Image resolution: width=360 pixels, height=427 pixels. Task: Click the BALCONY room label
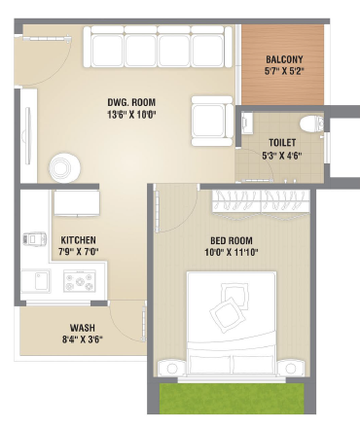[284, 59]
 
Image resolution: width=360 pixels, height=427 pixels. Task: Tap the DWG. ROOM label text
[131, 102]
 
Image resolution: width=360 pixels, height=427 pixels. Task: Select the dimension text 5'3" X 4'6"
[282, 156]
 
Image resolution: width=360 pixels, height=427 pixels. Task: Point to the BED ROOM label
[232, 240]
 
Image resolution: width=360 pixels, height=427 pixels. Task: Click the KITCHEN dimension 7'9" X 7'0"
[79, 252]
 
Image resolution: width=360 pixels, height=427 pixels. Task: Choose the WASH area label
[83, 328]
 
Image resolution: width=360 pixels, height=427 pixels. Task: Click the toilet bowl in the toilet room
[311, 124]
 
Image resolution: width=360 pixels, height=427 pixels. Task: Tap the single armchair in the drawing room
[212, 121]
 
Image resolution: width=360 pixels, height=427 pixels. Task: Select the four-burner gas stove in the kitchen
[80, 281]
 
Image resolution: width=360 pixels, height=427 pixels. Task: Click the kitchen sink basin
[42, 281]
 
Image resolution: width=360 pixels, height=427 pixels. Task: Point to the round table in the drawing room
[64, 168]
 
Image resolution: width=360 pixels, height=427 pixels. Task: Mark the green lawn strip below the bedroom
[232, 399]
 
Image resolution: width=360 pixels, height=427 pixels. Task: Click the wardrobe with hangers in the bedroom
[261, 201]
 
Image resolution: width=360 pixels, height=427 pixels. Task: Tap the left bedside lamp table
[172, 368]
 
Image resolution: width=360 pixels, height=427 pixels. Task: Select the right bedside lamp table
[291, 368]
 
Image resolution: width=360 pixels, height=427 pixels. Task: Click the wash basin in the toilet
[247, 123]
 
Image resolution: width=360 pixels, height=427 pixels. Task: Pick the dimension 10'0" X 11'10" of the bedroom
[232, 252]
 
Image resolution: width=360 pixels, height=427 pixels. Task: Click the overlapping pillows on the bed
[230, 307]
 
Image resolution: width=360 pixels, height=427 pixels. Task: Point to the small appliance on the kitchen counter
[34, 239]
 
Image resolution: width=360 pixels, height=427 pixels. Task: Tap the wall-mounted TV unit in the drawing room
[28, 136]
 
